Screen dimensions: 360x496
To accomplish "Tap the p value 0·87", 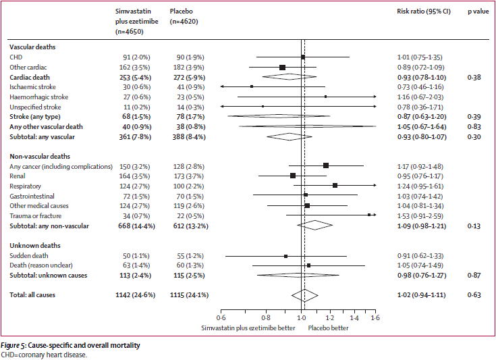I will point(475,275).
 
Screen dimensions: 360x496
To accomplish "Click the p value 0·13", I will point(475,226).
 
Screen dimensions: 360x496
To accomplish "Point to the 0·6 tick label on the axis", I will point(221,317).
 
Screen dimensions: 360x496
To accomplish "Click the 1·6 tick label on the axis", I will point(375,317).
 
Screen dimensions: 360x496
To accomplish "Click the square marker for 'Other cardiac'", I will point(282,67).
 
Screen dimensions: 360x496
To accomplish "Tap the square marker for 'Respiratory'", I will point(335,185).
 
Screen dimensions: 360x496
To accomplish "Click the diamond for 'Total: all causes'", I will point(304,294).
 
